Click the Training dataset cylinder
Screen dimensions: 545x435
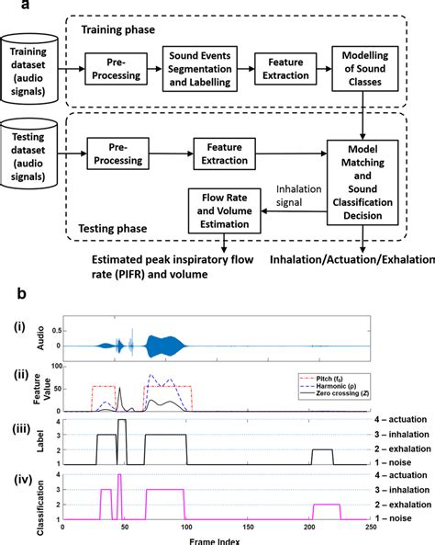coord(34,67)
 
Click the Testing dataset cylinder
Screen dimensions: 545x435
coord(34,150)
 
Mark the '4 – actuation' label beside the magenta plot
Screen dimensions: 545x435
coord(404,475)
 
